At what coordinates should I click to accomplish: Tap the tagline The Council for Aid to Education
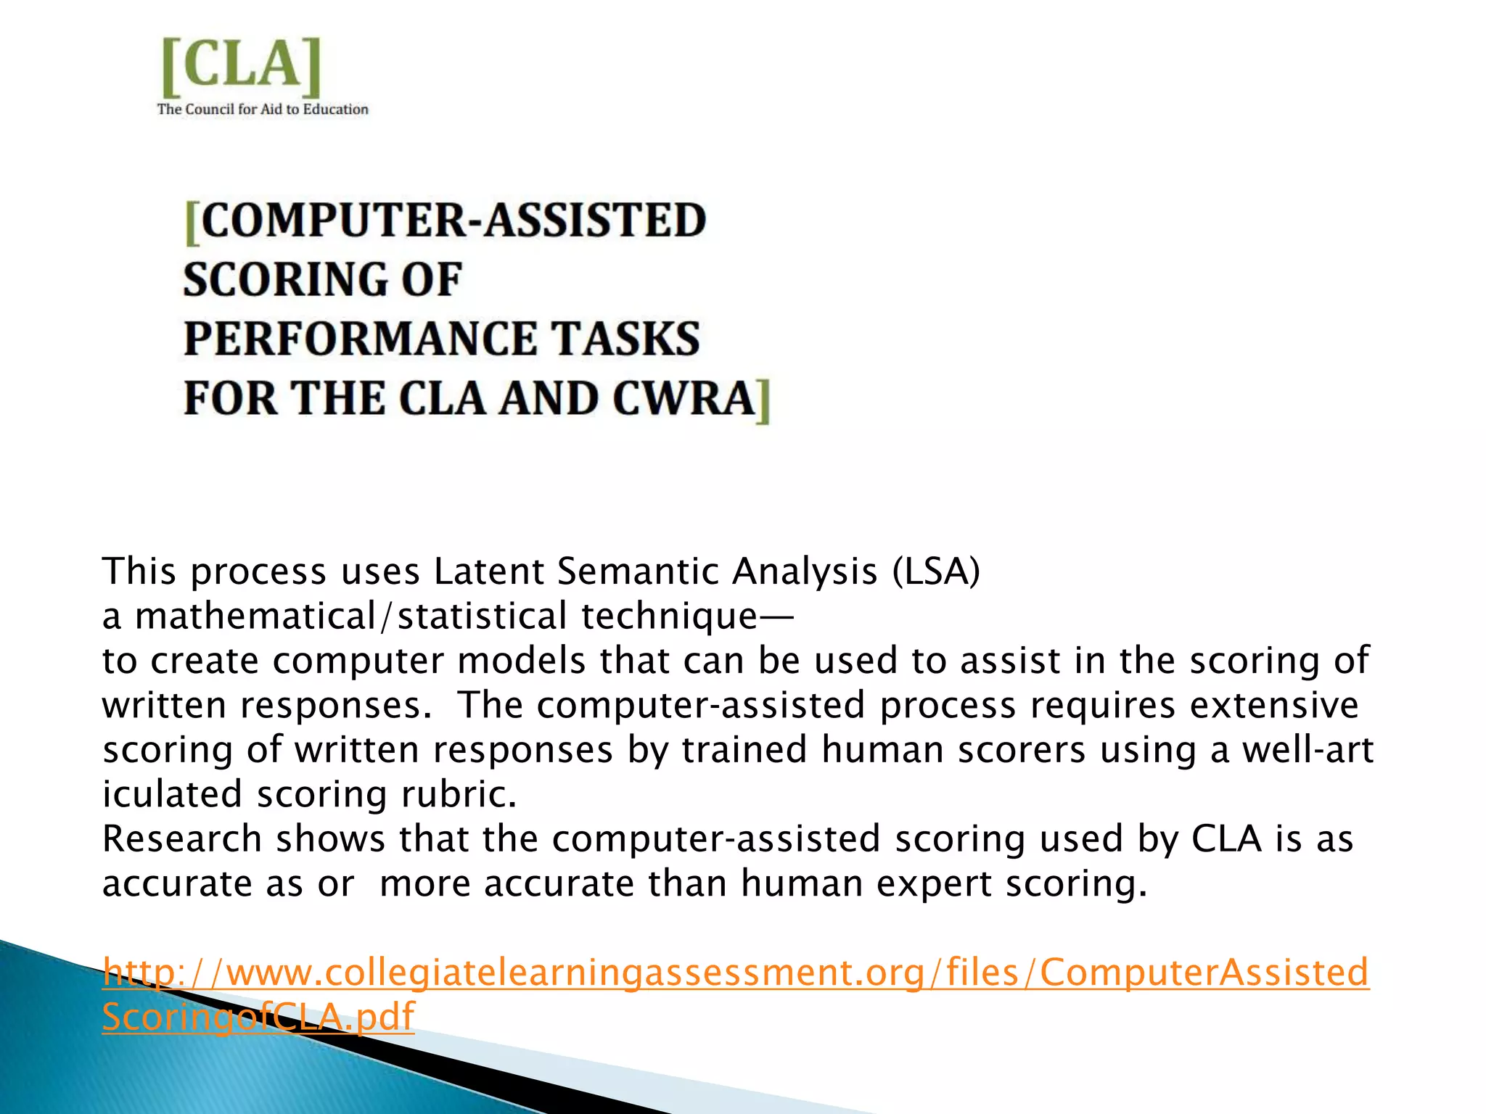coord(263,110)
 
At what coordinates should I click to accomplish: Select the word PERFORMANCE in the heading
coord(360,339)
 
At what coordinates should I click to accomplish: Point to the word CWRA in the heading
coord(683,398)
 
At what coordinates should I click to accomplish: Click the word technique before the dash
coord(668,616)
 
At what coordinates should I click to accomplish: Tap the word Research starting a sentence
coord(181,839)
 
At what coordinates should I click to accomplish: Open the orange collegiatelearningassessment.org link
coord(735,972)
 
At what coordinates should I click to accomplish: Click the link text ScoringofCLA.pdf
coord(258,1017)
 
